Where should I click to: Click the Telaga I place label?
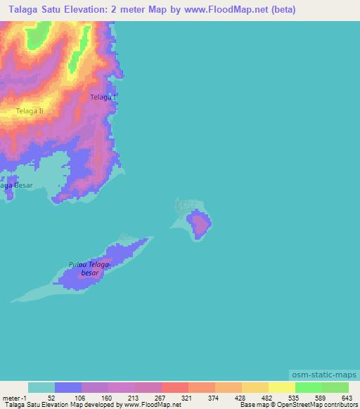pos(103,98)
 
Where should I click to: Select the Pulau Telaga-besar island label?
pos(90,268)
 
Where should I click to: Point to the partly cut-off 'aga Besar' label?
pos(16,186)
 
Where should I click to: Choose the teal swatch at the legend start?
pos(41,387)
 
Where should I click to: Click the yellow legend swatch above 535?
pos(281,387)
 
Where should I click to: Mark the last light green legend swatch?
pos(335,387)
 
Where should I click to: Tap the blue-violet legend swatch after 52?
pos(68,387)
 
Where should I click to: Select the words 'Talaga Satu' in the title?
pos(34,10)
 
